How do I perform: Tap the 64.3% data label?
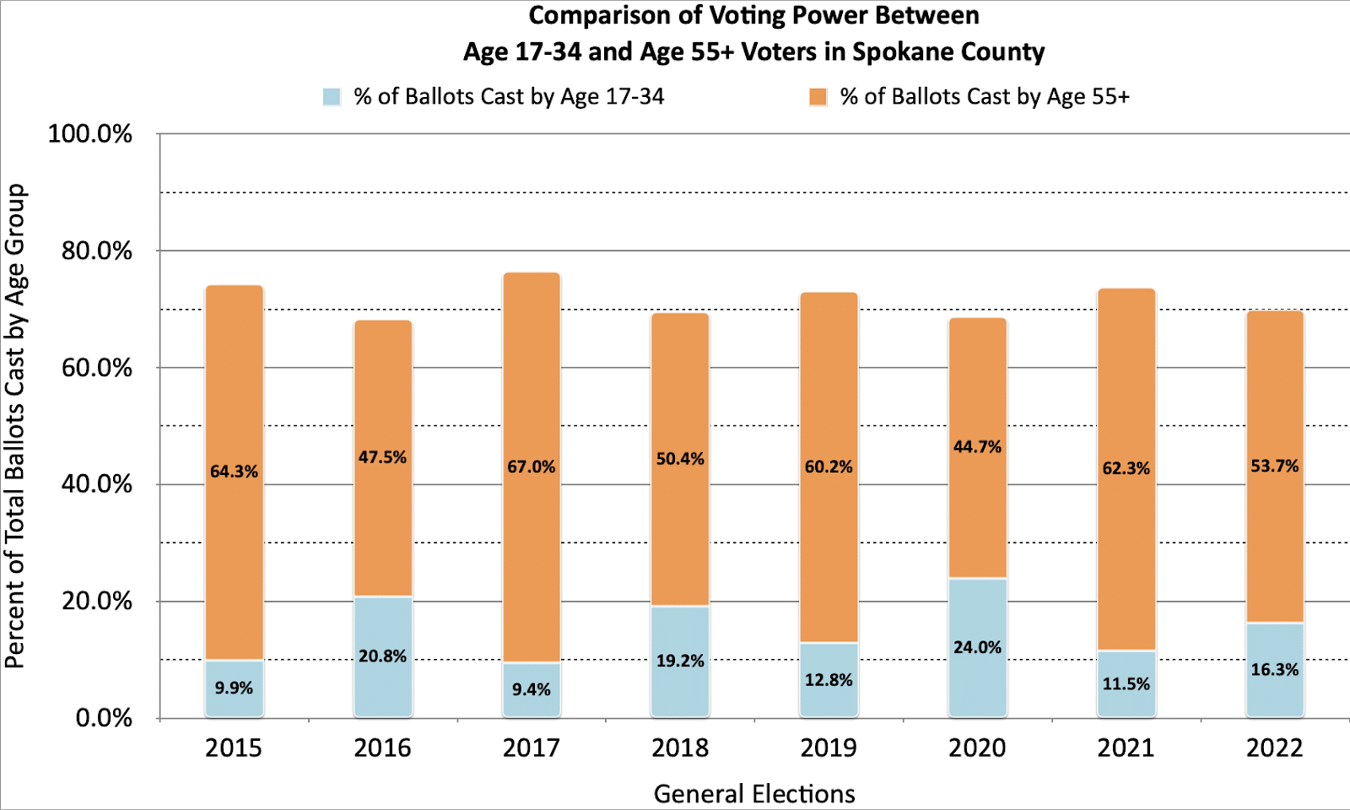[234, 472]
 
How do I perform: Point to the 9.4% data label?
[532, 689]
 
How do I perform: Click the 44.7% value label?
[977, 447]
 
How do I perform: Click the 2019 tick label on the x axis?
[829, 748]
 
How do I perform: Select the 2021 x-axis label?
[1126, 748]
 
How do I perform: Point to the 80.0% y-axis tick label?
[97, 251]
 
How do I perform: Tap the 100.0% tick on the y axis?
[90, 134]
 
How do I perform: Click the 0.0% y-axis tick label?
[104, 718]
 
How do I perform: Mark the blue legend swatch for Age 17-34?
[332, 97]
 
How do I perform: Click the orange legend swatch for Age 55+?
[818, 97]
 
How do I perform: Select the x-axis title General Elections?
[754, 793]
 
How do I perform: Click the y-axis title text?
[15, 426]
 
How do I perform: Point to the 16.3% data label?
[1275, 669]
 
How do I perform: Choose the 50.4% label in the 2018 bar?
[680, 459]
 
